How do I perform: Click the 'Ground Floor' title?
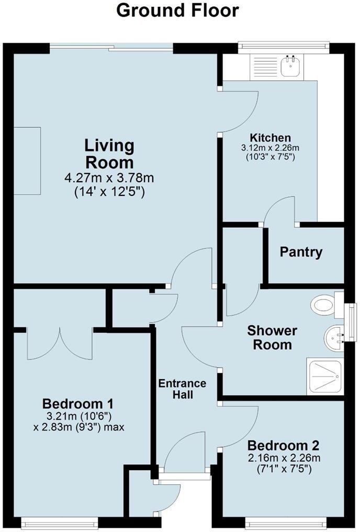click(177, 10)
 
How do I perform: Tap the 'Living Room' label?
click(110, 153)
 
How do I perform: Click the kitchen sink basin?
click(288, 66)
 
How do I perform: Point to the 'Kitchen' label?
click(270, 138)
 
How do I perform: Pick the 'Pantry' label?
click(301, 252)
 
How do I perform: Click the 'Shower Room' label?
click(272, 338)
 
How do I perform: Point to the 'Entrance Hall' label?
click(182, 389)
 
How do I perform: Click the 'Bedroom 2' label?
click(283, 446)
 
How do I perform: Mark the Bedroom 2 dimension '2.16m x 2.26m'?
click(283, 458)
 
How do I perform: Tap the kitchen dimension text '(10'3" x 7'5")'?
click(270, 157)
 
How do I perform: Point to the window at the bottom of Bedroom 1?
click(59, 522)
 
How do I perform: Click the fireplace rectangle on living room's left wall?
click(27, 161)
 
